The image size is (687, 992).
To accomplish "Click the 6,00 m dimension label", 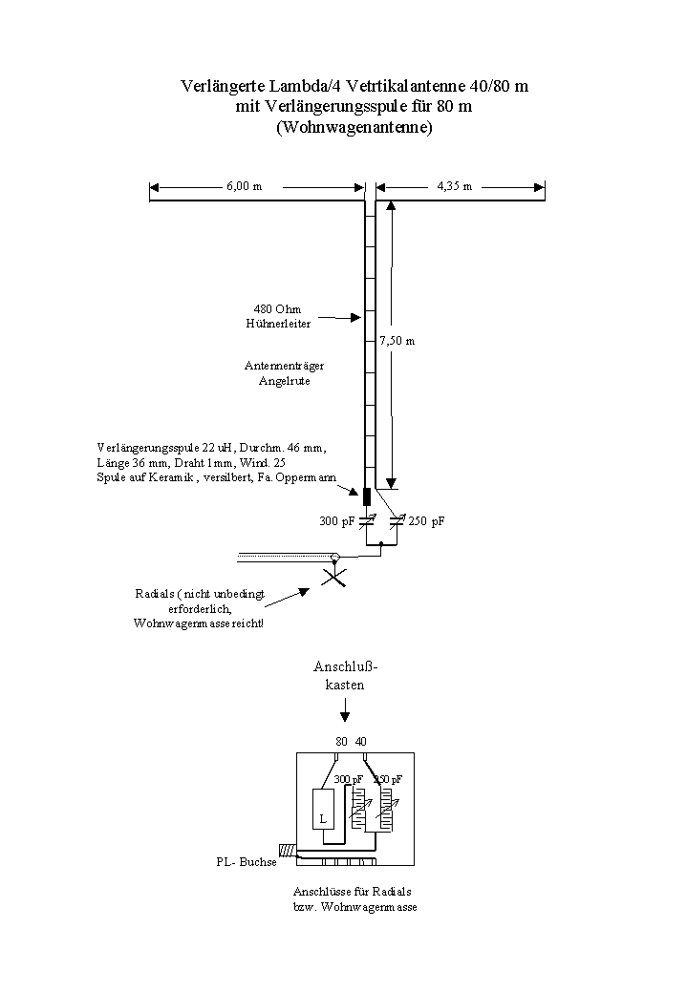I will [x=244, y=186].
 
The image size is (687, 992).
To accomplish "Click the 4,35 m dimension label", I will [x=454, y=186].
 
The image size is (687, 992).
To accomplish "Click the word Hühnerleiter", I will [x=278, y=324].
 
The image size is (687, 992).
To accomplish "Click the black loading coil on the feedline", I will [x=367, y=496].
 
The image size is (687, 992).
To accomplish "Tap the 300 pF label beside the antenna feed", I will [x=335, y=521].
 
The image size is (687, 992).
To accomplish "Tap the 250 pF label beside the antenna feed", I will [x=426, y=521].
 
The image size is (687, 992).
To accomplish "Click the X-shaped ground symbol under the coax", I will [x=333, y=577].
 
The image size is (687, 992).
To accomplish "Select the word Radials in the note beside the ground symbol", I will [x=155, y=594].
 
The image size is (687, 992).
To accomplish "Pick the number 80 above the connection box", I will [x=341, y=741].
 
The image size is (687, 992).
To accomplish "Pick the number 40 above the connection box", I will [x=360, y=741].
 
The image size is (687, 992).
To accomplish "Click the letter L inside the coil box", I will [x=322, y=819].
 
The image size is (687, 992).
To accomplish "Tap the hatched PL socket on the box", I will [x=286, y=850].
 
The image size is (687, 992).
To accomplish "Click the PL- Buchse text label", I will [x=246, y=862].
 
